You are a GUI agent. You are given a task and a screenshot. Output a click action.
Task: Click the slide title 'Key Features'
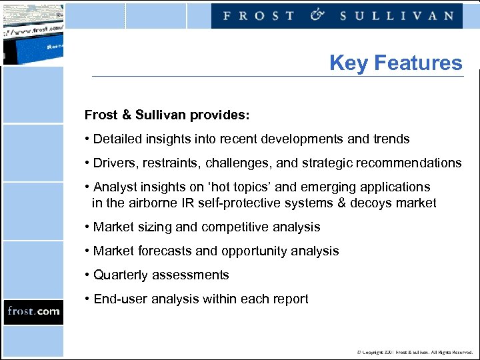coord(395,63)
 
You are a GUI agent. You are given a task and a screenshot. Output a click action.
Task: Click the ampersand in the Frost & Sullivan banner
coord(317,15)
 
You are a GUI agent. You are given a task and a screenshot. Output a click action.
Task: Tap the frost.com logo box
coord(33,311)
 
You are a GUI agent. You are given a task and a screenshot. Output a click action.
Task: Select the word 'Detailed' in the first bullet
coord(118,139)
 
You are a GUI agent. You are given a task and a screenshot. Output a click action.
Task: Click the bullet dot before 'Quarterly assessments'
coord(87,275)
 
